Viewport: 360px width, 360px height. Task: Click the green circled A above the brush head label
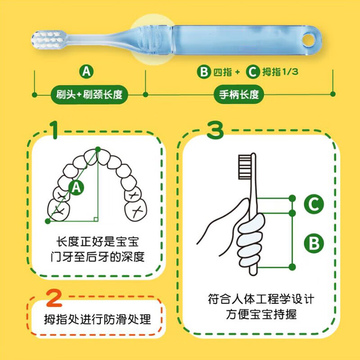86,71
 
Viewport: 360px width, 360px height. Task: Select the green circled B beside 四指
204,71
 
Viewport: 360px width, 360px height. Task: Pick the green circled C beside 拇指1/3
254,71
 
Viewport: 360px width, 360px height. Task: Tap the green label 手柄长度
238,95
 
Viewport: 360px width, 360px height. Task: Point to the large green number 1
54,130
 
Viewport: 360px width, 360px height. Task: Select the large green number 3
215,130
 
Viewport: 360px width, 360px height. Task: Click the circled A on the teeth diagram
76,188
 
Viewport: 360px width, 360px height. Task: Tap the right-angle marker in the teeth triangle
95,219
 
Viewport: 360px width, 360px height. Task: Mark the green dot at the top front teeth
98,149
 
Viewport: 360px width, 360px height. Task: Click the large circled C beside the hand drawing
314,205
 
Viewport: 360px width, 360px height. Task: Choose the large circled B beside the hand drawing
314,243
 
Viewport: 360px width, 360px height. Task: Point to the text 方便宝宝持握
261,314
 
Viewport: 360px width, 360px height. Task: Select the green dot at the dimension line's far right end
333,94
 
